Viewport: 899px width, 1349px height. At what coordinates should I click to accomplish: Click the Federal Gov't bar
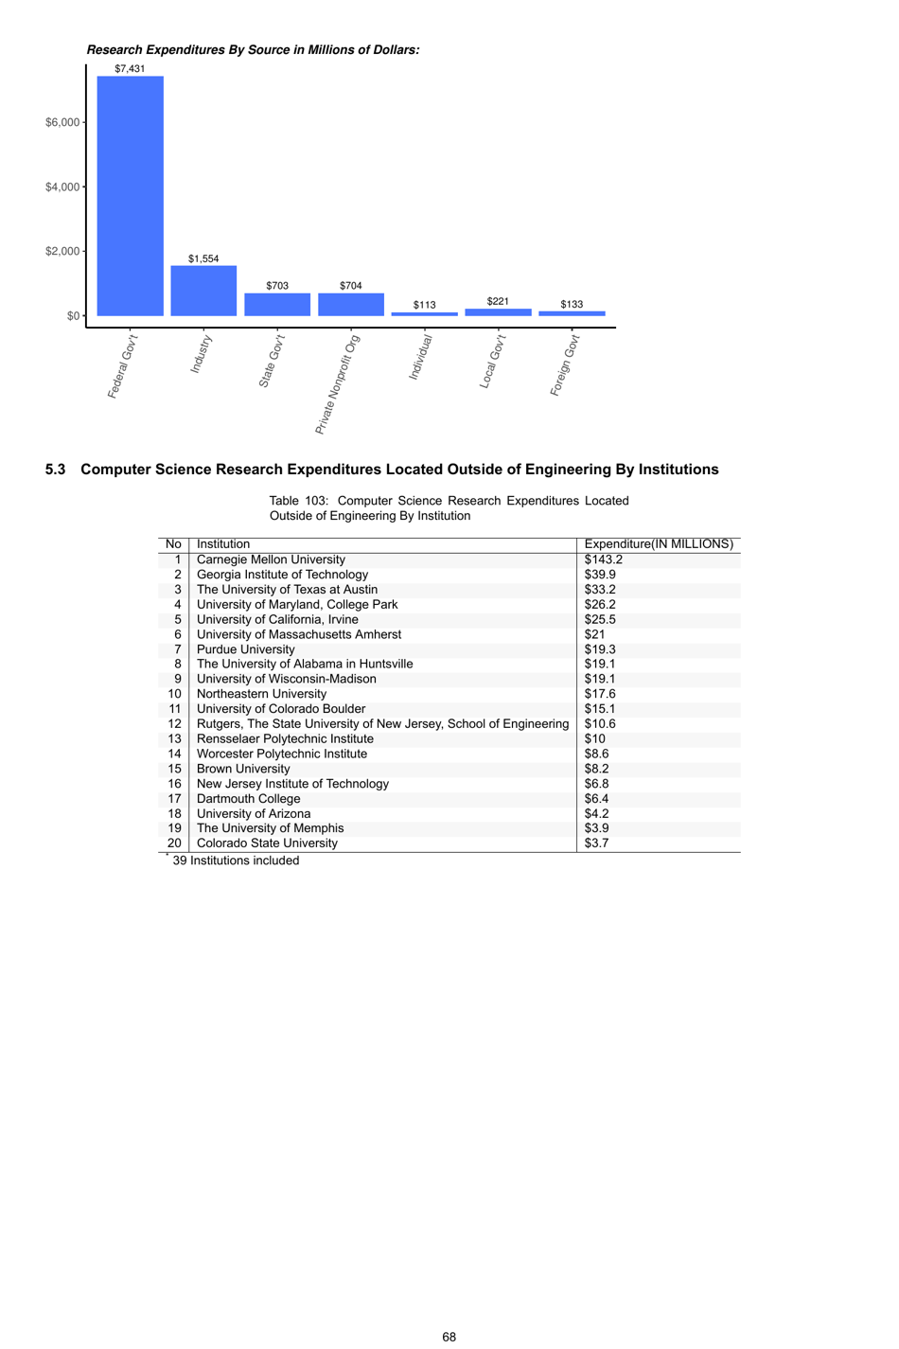(130, 196)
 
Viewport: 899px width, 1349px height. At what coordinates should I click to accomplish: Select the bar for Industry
(203, 291)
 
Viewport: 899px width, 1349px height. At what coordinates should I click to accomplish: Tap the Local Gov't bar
(498, 312)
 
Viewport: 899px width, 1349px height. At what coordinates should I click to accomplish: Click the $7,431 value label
(130, 69)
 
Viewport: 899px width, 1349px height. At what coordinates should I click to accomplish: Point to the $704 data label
(350, 286)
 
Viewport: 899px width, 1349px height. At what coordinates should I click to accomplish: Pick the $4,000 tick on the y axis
(62, 187)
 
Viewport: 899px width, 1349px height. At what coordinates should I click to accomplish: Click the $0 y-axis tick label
(73, 316)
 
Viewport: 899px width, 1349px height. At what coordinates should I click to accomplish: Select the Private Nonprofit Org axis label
(337, 384)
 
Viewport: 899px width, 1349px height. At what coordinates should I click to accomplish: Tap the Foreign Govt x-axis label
(565, 364)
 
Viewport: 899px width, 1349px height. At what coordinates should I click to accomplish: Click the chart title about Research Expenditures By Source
(253, 50)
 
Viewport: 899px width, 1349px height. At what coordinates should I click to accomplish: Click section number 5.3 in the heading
(56, 470)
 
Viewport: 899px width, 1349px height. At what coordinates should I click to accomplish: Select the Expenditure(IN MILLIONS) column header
(659, 544)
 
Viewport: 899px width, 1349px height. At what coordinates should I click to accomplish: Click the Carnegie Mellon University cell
(271, 559)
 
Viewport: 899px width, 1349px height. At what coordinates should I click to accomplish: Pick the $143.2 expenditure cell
(603, 559)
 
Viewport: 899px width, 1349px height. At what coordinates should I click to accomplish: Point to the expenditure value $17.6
(600, 694)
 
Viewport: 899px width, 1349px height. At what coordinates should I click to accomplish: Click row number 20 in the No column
(174, 843)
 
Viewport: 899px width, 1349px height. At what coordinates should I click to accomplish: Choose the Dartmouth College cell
(248, 799)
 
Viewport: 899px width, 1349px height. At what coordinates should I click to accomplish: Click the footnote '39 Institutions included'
(236, 861)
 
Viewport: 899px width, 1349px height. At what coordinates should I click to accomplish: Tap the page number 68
(449, 1337)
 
